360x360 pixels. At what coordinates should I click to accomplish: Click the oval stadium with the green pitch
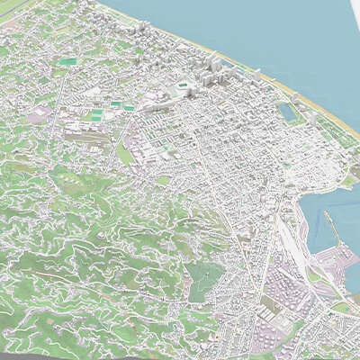184,86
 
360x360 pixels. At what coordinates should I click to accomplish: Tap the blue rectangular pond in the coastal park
289,112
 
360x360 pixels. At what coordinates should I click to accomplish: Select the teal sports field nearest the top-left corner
69,61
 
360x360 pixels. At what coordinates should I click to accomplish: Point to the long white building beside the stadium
162,94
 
